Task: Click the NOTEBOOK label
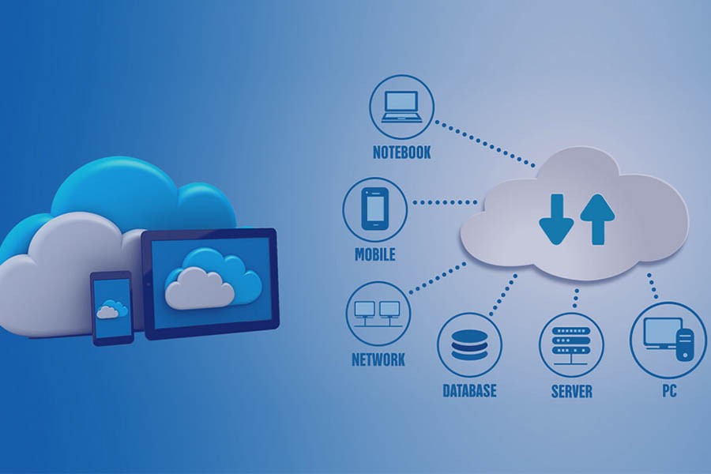(401, 152)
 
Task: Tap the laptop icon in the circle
(401, 107)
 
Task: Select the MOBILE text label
(374, 255)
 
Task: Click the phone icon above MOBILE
(374, 209)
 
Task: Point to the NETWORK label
(378, 359)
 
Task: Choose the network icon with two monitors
(378, 313)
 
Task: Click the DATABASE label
(469, 390)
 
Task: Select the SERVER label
(572, 391)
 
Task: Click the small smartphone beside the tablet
(112, 307)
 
